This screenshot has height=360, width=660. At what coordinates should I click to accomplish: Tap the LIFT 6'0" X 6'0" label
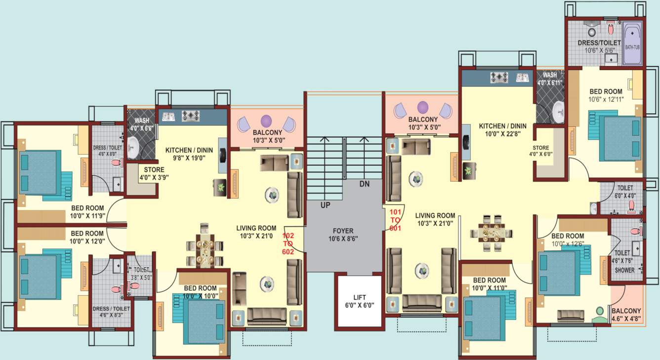pyautogui.click(x=360, y=301)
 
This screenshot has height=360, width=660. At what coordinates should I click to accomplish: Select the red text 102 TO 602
pyautogui.click(x=288, y=243)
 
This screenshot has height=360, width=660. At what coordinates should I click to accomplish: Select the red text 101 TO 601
pyautogui.click(x=396, y=220)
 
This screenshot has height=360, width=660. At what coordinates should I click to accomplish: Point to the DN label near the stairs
pyautogui.click(x=364, y=184)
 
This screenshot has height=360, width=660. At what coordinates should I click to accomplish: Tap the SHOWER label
pyautogui.click(x=624, y=270)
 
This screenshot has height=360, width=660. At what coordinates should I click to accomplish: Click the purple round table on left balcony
pyautogui.click(x=266, y=120)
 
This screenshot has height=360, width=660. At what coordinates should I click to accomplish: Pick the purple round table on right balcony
pyautogui.click(x=423, y=107)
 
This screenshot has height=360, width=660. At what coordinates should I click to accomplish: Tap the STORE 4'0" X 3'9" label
pyautogui.click(x=151, y=173)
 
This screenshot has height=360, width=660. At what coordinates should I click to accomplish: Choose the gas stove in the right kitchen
pyautogui.click(x=499, y=77)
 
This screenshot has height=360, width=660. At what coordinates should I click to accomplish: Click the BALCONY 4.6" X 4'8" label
pyautogui.click(x=626, y=315)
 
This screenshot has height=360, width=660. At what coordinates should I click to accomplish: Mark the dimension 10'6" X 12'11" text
pyautogui.click(x=606, y=99)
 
